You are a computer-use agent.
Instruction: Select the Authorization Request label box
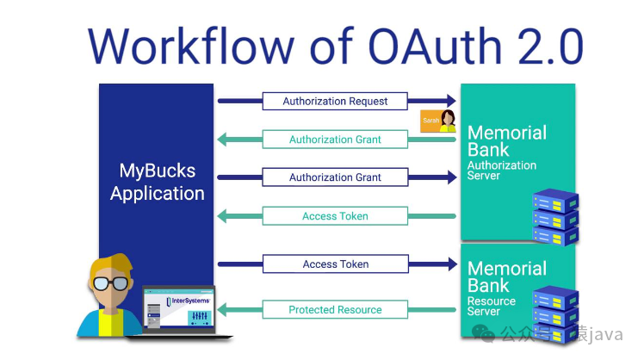(x=335, y=102)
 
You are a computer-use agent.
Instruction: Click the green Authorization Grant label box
(x=335, y=140)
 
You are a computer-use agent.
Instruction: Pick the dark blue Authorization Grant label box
(x=335, y=177)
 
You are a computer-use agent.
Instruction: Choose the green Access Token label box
(x=335, y=216)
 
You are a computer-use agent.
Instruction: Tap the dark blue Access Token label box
(x=335, y=264)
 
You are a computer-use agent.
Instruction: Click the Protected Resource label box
(x=335, y=310)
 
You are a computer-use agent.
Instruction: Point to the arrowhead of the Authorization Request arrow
(x=449, y=102)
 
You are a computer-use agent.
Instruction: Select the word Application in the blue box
(x=157, y=193)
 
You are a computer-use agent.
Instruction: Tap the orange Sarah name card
(x=430, y=121)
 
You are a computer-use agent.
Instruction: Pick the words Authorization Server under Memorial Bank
(x=501, y=171)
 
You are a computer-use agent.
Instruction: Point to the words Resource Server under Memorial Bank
(x=491, y=307)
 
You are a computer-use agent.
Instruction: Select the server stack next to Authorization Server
(x=554, y=216)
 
